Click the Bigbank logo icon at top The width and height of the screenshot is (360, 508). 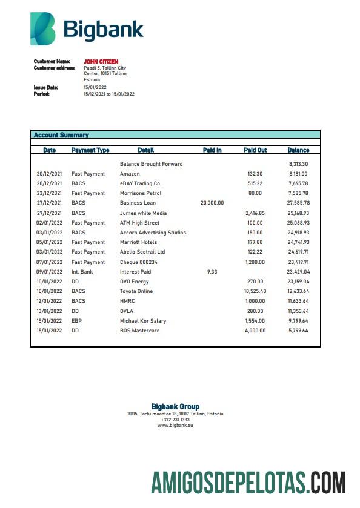tap(43, 28)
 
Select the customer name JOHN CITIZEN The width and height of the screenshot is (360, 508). tap(101, 62)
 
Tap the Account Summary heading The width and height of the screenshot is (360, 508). tap(61, 135)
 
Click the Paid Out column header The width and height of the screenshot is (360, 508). tap(255, 150)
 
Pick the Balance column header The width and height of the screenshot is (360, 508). tap(298, 150)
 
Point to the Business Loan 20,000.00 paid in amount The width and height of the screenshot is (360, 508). tap(212, 203)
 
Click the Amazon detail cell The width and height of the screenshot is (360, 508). tap(130, 174)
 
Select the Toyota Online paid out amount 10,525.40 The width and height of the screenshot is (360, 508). tap(255, 291)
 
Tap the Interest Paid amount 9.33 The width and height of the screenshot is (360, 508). tap(212, 272)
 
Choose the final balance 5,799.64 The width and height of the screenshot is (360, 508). tap(298, 331)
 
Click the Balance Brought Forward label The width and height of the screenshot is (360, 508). tap(151, 164)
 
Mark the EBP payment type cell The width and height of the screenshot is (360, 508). tap(76, 321)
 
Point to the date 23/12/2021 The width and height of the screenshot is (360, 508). tap(49, 193)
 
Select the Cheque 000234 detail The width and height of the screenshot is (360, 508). tap(139, 262)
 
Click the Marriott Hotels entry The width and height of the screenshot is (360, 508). tap(139, 242)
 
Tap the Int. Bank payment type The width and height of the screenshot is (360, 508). tap(82, 272)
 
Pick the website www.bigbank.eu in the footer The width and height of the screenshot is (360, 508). tap(175, 425)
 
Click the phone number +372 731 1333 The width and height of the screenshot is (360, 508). tap(175, 420)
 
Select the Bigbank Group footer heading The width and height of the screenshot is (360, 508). tap(175, 406)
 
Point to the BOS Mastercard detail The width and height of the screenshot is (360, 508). tap(140, 331)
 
